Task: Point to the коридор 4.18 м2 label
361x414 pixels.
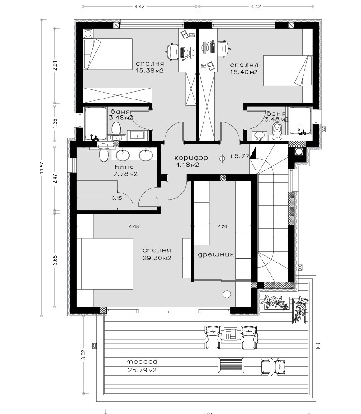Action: (190, 161)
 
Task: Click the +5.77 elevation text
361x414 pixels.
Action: (239, 156)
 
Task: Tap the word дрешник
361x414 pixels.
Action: (216, 254)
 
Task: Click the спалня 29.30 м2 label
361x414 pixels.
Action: (156, 254)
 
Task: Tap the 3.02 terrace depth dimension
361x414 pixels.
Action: (83, 354)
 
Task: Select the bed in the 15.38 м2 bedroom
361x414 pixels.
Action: (108, 54)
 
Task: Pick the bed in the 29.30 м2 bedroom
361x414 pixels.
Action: (107, 263)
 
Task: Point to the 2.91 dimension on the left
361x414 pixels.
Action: (55, 65)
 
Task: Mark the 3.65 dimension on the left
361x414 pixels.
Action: (55, 262)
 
